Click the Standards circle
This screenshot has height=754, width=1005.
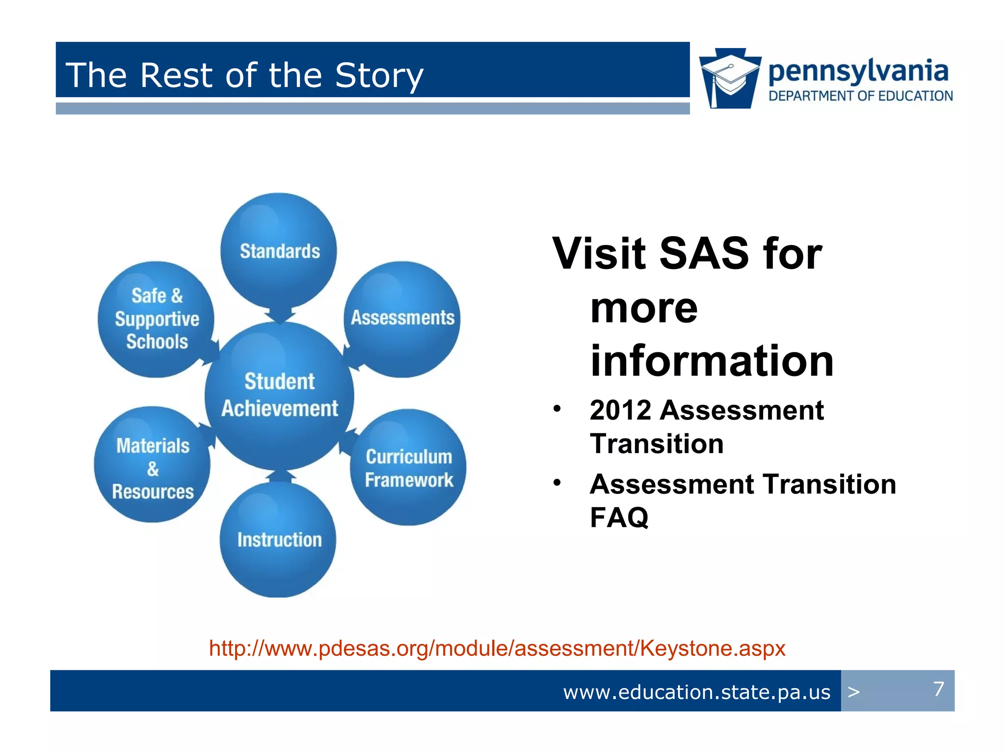click(279, 251)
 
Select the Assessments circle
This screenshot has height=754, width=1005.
click(402, 318)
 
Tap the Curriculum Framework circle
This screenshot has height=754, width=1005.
click(408, 468)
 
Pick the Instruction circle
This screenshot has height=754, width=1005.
click(278, 540)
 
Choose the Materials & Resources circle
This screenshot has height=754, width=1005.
click(152, 468)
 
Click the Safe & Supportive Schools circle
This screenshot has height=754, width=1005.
click(156, 319)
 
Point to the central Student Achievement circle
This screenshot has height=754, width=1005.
click(279, 395)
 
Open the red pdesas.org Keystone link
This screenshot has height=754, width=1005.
click(497, 648)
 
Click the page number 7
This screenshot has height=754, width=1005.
click(938, 689)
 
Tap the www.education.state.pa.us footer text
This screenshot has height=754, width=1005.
click(696, 692)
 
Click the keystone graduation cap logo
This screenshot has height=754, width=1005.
click(730, 79)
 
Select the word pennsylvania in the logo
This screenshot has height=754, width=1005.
click(858, 71)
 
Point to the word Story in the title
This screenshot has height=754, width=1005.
click(379, 76)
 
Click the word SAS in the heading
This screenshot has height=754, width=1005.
click(703, 254)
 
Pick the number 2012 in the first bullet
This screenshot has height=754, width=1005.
click(620, 410)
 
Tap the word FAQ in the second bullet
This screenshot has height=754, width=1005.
click(619, 517)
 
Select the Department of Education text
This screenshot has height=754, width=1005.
click(860, 96)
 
